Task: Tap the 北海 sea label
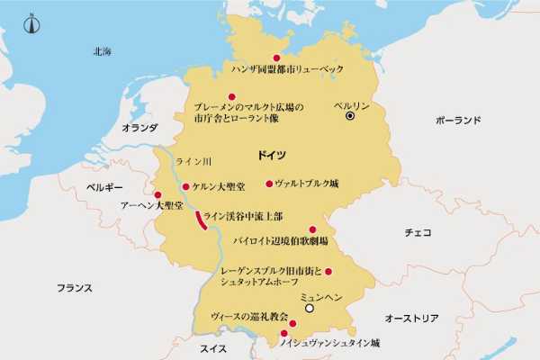[x=102, y=52]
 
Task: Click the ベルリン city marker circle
[x=350, y=116]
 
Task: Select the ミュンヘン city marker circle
[x=309, y=308]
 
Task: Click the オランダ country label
[x=139, y=129]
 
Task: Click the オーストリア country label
[x=411, y=319]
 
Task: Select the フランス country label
[x=75, y=289]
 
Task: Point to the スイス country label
[x=213, y=348]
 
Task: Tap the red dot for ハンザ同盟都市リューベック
[x=265, y=58]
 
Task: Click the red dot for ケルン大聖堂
[x=185, y=187]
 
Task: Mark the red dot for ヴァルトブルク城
[x=269, y=184]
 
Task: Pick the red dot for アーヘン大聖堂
[x=158, y=194]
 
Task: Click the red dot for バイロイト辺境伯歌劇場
[x=313, y=229]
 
